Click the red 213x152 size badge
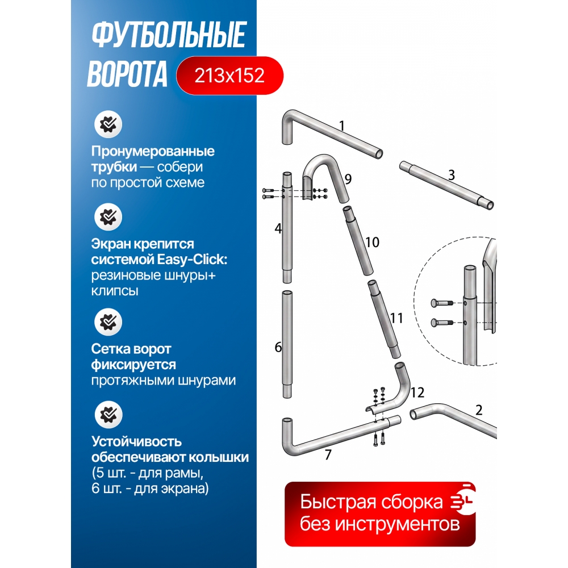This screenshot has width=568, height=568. point(229,76)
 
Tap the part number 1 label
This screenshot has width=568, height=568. point(341,126)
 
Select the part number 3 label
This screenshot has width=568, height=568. point(452,176)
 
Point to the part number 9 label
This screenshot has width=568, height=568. point(348,179)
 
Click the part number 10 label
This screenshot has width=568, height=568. point(372,243)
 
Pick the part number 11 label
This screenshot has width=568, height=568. point(396,318)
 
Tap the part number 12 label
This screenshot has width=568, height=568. point(417,392)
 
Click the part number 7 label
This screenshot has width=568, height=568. point(328,454)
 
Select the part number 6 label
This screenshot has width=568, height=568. point(278,347)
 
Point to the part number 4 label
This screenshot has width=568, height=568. point(278,228)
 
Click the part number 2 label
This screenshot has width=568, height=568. point(479,410)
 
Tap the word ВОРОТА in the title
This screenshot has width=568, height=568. point(127,74)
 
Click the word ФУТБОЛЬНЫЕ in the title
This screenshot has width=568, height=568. point(169,35)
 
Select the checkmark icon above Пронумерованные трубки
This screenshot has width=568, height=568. point(108,124)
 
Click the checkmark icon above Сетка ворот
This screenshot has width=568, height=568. point(108,322)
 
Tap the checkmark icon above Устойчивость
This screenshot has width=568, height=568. point(108,415)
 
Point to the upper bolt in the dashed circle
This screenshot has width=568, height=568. point(442,303)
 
